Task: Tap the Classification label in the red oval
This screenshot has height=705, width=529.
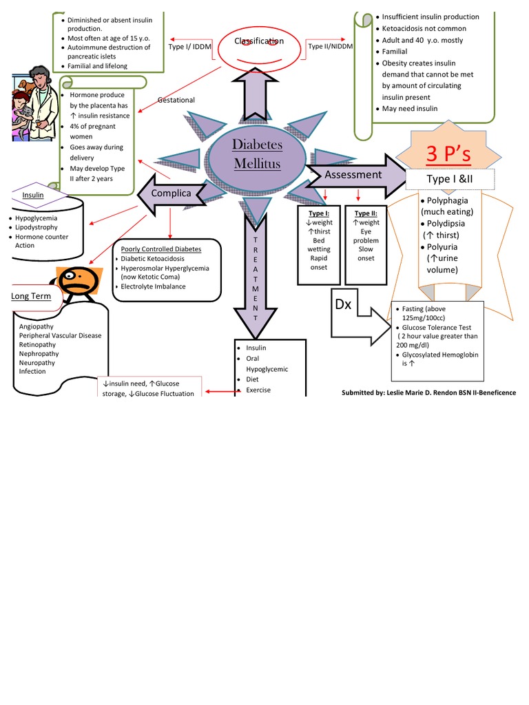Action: tap(259, 41)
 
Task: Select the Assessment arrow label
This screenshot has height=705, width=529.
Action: tap(353, 175)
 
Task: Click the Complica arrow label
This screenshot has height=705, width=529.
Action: tap(171, 193)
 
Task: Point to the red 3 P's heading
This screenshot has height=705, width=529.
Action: tap(448, 155)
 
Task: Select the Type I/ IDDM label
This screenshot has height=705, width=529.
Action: tap(189, 47)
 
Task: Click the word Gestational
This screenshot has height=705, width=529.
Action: tap(176, 100)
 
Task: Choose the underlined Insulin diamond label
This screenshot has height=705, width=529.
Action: tap(33, 196)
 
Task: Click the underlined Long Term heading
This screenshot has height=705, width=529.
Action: tap(31, 296)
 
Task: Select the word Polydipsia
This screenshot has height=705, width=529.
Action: tap(447, 223)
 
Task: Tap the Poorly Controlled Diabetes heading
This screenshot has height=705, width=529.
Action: tap(161, 249)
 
